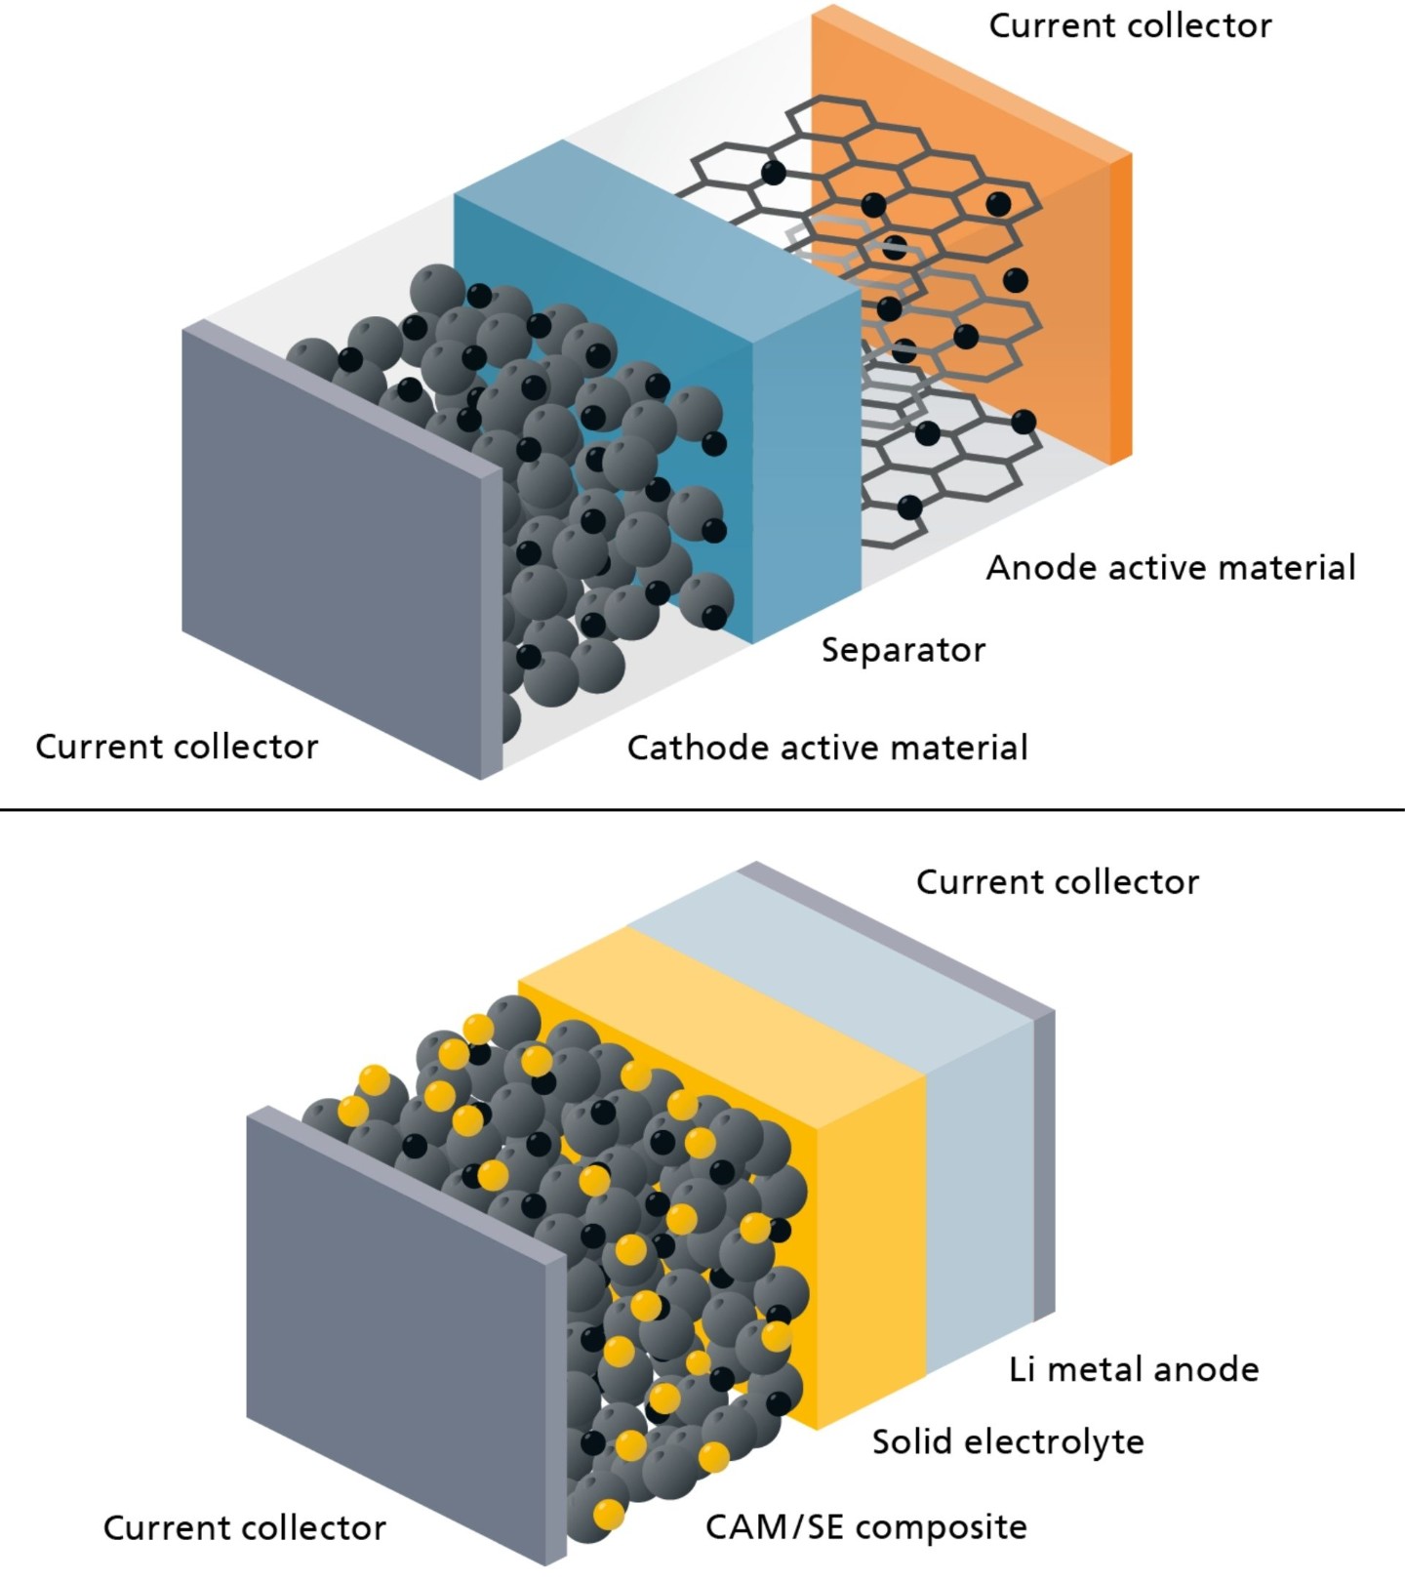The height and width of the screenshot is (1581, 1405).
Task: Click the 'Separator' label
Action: coord(903,650)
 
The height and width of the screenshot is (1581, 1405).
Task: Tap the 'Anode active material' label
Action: coord(1170,567)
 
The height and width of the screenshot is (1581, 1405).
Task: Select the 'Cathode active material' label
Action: coord(826,748)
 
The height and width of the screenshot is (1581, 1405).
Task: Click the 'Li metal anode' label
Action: coord(1133,1369)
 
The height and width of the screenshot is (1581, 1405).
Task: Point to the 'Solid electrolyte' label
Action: coord(1007,1441)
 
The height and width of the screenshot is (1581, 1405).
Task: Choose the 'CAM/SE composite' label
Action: coord(865,1526)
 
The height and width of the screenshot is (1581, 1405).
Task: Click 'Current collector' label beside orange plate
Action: coord(1130,26)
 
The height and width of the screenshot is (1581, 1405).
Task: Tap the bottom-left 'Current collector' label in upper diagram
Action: coord(177,747)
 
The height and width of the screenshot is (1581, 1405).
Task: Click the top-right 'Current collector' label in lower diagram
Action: coord(1057,882)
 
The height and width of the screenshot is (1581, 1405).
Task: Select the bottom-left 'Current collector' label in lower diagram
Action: coord(244,1527)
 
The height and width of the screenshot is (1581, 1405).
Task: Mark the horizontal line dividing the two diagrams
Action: coord(702,809)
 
